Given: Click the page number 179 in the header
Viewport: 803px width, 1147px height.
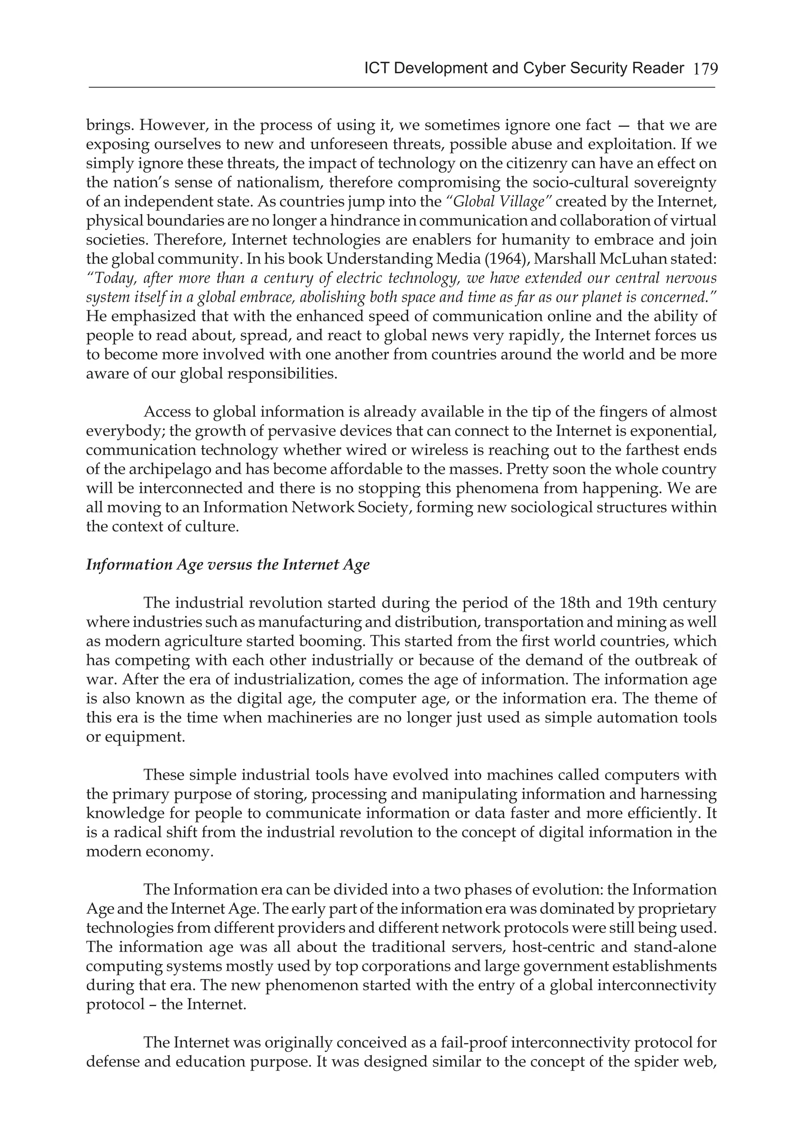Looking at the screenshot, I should coord(705,69).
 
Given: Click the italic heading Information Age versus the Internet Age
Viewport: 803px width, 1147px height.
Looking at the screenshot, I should coord(228,564).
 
